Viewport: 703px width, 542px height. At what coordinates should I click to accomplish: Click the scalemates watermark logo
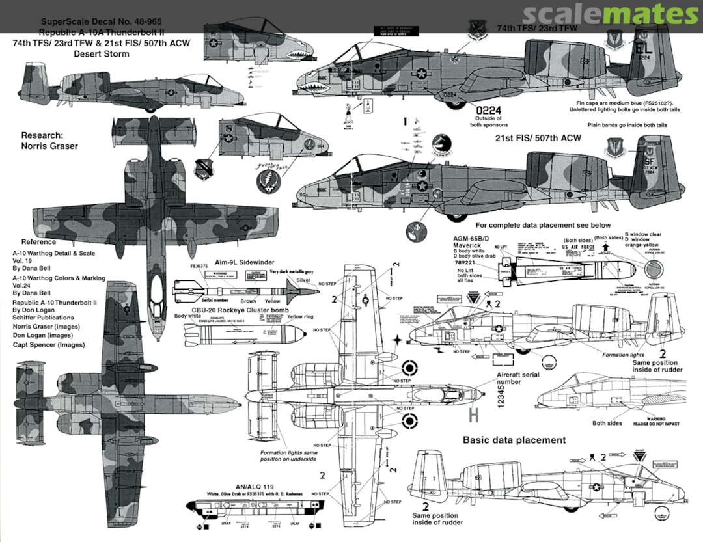610,14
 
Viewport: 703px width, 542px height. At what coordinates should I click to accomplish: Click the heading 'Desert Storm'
102,53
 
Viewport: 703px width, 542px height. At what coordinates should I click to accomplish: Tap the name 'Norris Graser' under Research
49,146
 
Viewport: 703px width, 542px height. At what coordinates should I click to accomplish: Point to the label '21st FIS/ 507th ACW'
538,139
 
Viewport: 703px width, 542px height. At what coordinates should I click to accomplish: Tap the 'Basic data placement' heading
514,440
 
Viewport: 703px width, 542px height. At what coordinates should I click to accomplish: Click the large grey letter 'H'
473,414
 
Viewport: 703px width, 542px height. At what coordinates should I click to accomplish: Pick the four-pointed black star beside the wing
397,340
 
